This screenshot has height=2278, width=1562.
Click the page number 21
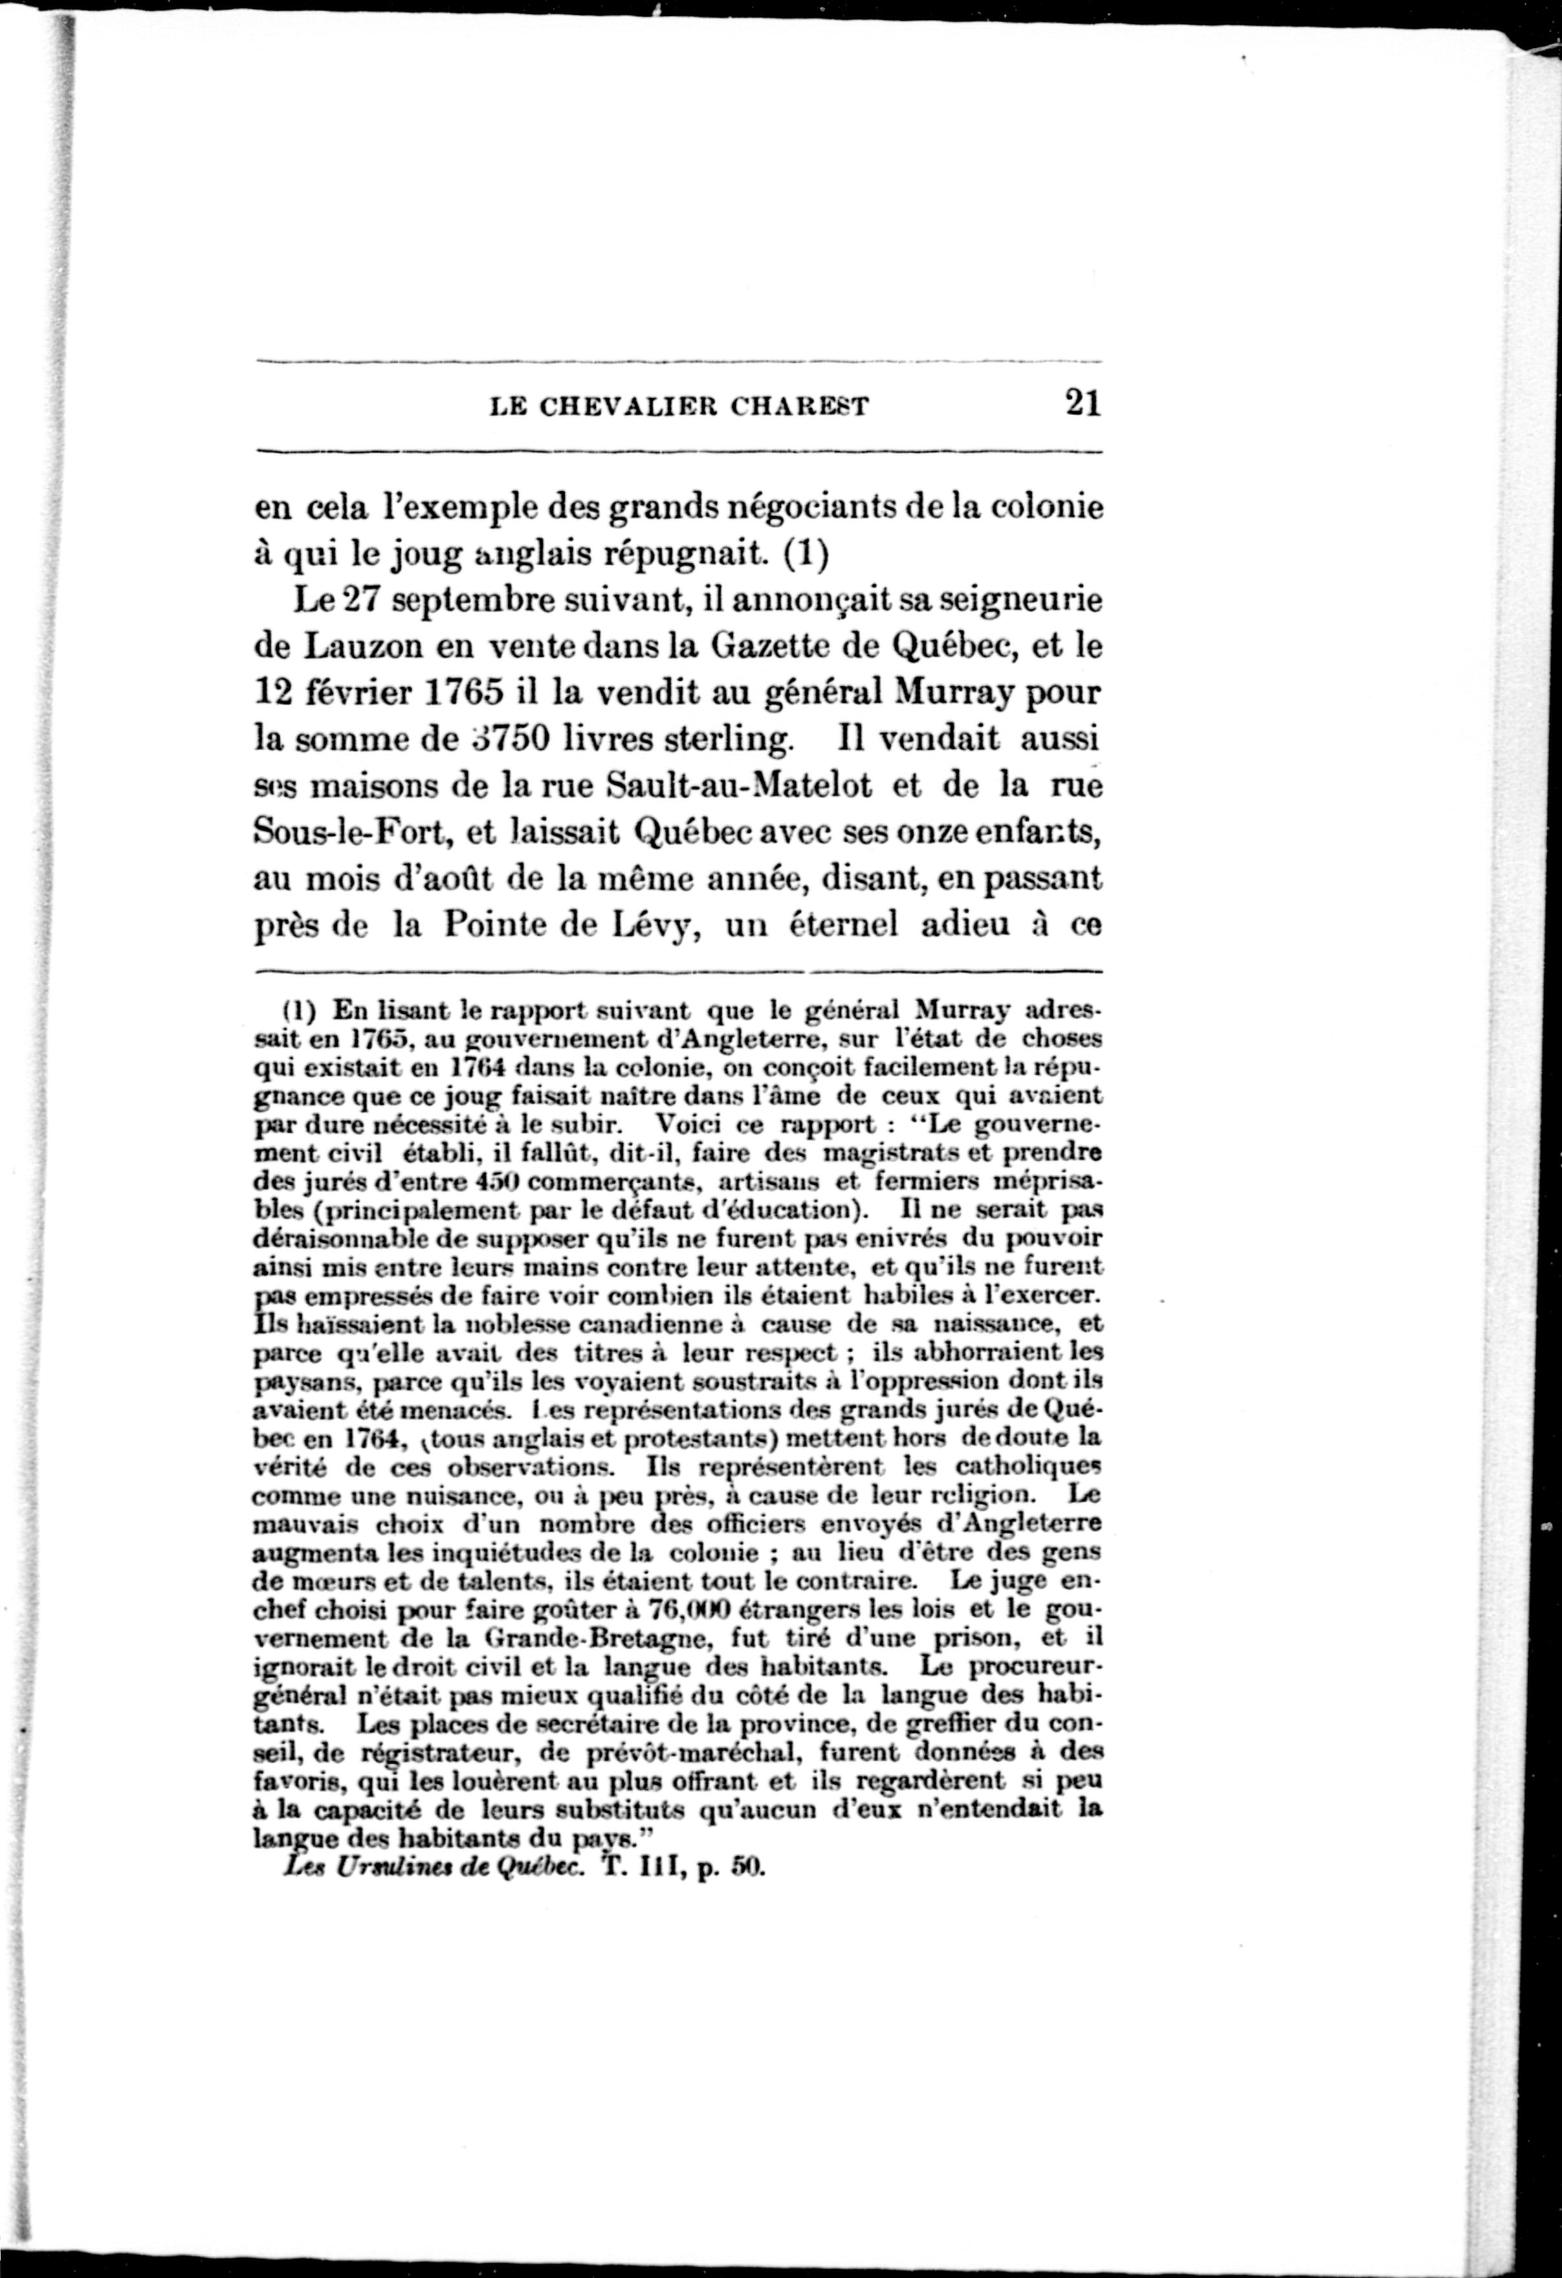point(1082,403)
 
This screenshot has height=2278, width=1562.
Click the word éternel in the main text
point(844,925)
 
